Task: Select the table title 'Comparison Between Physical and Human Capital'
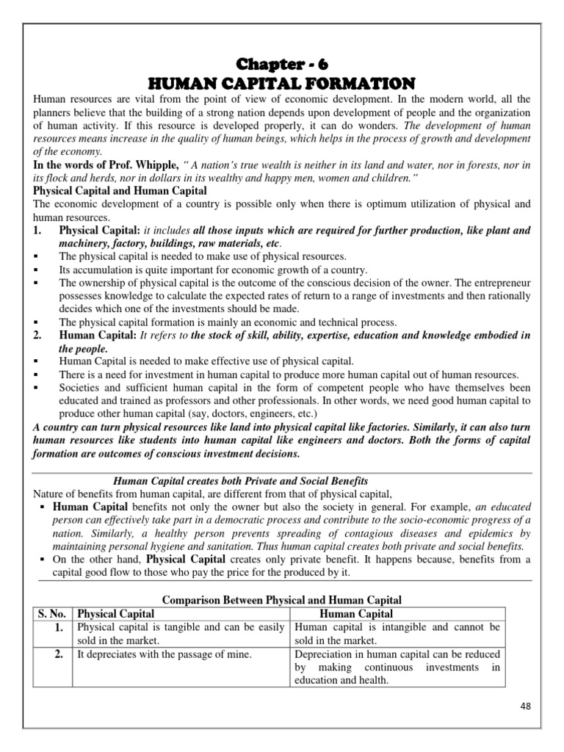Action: [x=282, y=600]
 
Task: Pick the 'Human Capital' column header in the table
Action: [x=357, y=614]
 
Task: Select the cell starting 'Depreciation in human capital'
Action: [x=397, y=667]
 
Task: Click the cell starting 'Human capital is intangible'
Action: [x=397, y=634]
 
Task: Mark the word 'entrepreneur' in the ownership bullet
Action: [x=499, y=283]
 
